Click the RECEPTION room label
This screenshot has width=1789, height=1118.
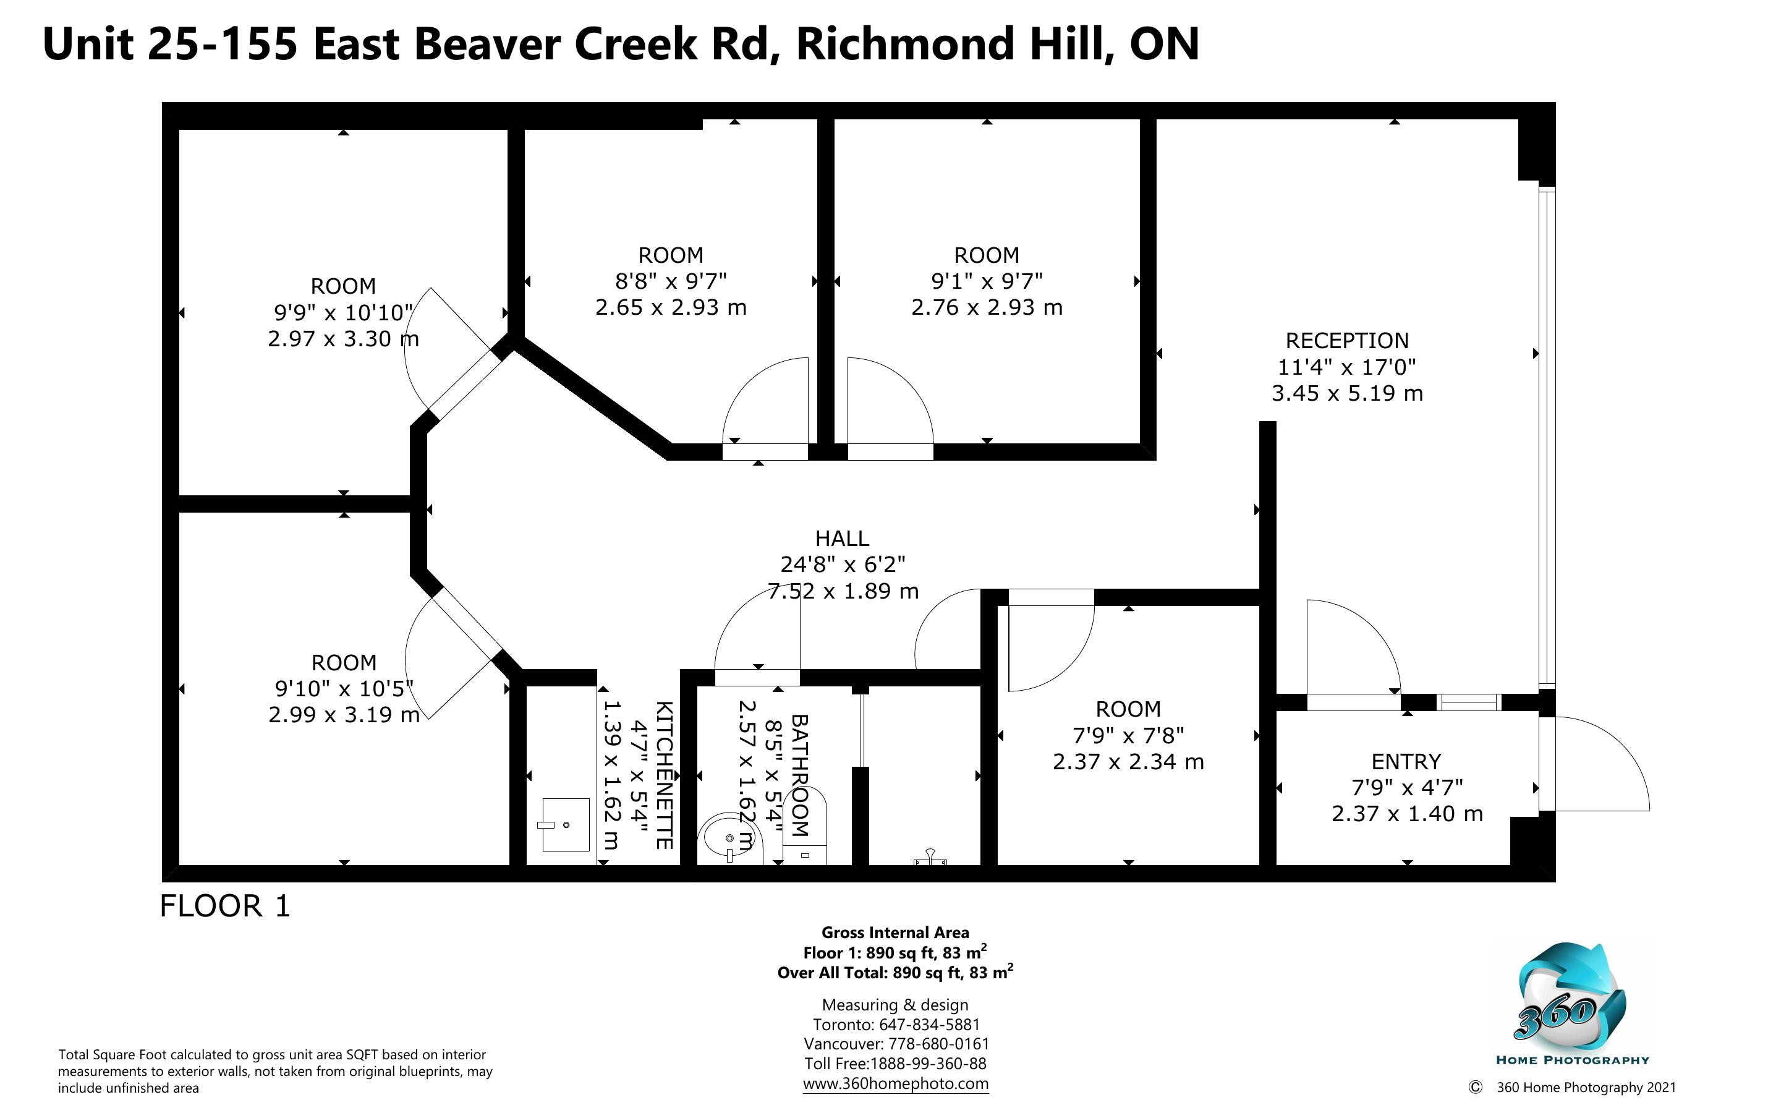tap(1347, 341)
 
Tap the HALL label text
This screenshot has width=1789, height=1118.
tap(843, 539)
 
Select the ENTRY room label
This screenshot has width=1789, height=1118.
tap(1406, 762)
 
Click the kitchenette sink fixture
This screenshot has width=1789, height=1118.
tap(566, 824)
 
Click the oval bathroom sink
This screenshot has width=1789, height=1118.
tap(730, 839)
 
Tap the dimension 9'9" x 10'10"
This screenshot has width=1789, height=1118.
tap(344, 313)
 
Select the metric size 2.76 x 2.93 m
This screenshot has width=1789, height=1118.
tap(987, 307)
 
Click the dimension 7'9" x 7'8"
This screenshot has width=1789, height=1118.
tap(1128, 736)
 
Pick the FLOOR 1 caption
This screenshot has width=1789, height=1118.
tap(226, 907)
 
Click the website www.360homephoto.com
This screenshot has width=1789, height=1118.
tap(896, 1083)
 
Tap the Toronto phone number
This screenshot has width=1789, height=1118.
tap(929, 1025)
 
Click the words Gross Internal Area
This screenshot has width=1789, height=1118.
tap(895, 933)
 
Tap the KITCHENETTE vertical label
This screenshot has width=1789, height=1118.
tap(663, 775)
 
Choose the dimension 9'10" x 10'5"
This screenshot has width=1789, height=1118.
tap(344, 689)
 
